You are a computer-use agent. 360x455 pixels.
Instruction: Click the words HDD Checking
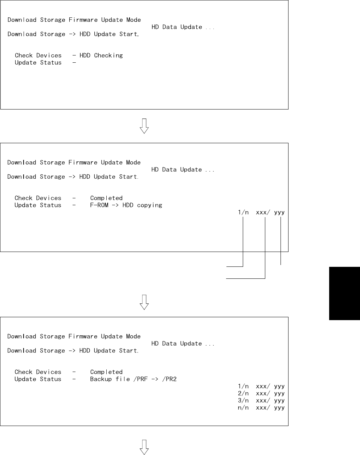101,55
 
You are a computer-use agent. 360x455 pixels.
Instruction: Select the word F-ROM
99,205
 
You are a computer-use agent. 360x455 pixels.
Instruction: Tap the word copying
150,206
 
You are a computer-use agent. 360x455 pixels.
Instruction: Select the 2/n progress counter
243,393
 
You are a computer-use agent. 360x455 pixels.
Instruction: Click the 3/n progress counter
243,401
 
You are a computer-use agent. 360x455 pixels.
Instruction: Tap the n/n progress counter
243,408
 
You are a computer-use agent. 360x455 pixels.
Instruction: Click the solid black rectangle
344,293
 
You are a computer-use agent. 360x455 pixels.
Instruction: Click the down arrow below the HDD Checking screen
144,126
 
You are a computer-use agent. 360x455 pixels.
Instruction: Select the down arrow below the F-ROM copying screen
144,302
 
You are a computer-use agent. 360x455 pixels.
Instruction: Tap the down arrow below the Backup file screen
144,447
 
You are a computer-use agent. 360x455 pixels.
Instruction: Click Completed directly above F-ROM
106,198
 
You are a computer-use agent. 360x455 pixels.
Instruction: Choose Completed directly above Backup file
106,372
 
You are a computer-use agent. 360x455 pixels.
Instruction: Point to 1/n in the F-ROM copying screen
243,212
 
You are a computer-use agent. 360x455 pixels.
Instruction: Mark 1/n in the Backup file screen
243,386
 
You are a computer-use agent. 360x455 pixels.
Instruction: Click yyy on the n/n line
279,408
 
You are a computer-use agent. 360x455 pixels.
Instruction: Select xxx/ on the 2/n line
263,393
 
